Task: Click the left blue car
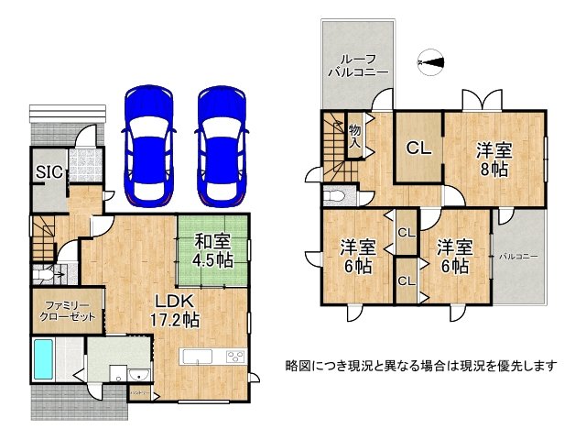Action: tap(148, 144)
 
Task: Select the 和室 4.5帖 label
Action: tap(212, 250)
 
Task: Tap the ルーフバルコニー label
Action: tap(358, 63)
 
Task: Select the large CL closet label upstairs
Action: tap(418, 147)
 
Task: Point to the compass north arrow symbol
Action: tap(430, 63)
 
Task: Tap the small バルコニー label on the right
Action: tap(517, 256)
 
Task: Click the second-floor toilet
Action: tap(336, 194)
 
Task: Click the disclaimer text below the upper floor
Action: tap(421, 366)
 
